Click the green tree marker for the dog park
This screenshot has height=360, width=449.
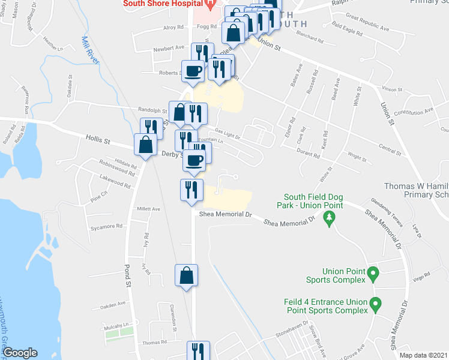(328, 220)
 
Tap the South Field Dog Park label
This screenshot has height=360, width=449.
(313, 201)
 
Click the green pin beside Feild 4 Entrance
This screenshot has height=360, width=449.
(376, 304)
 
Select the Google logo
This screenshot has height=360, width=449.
(20, 353)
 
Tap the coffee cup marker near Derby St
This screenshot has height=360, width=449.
(193, 160)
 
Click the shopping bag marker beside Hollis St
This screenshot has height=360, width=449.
(145, 145)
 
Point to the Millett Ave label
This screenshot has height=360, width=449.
(149, 209)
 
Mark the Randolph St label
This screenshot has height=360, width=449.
(154, 110)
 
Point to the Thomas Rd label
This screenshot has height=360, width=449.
(154, 342)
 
